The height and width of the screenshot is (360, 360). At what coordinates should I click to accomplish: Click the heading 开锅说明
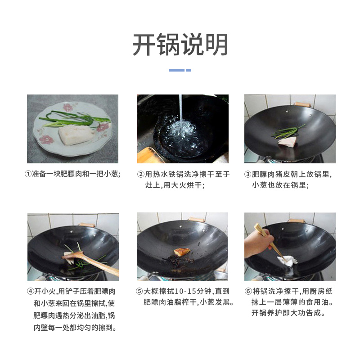click(x=180, y=45)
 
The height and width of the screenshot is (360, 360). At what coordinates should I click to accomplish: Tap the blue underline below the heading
click(x=180, y=70)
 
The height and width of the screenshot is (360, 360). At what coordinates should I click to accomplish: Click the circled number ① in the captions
click(x=28, y=174)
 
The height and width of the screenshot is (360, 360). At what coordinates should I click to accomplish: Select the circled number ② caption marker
click(x=140, y=174)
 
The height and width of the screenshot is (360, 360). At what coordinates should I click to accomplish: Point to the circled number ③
click(x=247, y=174)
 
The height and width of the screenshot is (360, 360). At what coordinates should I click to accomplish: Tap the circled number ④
click(x=30, y=291)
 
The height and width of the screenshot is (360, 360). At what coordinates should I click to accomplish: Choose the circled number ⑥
click(x=247, y=291)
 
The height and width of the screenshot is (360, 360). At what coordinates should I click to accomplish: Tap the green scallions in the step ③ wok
click(x=288, y=131)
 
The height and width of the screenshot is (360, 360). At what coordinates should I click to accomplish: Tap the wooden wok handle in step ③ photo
click(x=302, y=104)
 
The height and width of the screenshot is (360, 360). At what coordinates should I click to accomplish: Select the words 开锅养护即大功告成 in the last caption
click(x=288, y=313)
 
